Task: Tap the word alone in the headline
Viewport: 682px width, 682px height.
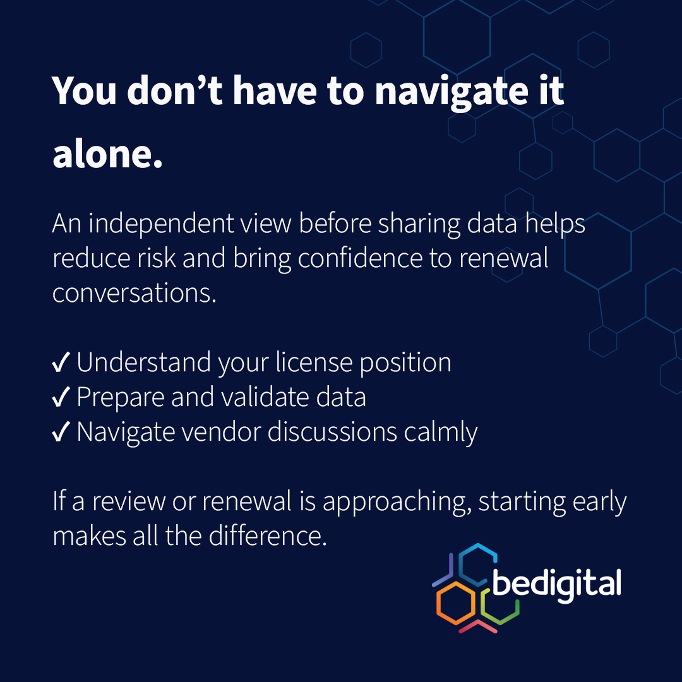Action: point(107,155)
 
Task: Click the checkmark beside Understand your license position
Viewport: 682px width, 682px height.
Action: point(61,364)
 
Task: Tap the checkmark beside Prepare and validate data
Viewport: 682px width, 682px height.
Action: point(61,398)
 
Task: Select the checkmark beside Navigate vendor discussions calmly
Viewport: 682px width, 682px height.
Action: point(61,433)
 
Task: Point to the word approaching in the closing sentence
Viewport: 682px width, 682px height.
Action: point(397,502)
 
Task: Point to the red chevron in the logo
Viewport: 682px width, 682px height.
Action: point(477,627)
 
